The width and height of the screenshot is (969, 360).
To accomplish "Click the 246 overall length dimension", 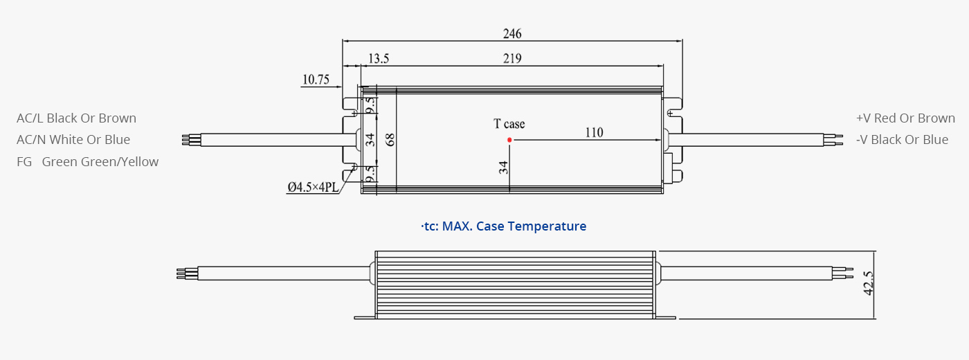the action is pos(512,34).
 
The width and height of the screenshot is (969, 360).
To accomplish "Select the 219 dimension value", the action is pos(512,58).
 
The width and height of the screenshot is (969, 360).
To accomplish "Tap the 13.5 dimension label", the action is pos(379,58).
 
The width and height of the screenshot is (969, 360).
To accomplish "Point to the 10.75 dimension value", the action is pos(316,80).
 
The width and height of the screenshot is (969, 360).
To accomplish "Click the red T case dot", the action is pos(509,140).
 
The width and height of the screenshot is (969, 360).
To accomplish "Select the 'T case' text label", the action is pos(509,124).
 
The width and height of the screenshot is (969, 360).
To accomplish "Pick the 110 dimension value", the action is pos(594,132).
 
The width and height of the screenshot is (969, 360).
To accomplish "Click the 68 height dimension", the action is pos(390,140).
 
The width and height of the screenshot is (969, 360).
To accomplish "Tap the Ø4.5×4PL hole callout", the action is pos(313,188).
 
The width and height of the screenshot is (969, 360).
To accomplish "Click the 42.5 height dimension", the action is pos(868,283).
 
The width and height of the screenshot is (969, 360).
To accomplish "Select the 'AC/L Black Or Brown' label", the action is pos(77,118).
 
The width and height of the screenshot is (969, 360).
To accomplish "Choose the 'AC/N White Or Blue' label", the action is pos(73,140).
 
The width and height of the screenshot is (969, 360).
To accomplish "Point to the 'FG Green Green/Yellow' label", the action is pos(87,162).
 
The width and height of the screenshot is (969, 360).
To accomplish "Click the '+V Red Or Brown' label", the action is pos(905,118).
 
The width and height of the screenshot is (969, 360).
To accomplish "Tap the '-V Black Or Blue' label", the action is pos(902,140).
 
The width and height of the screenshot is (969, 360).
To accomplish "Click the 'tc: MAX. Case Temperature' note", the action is pos(504,226).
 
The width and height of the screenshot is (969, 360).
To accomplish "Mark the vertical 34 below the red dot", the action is pos(503,168).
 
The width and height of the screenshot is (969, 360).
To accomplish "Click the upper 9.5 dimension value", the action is pos(370,105).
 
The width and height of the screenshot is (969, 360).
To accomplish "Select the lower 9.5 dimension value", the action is pos(370,174).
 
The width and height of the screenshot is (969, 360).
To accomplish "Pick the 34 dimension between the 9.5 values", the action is pos(370,140).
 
